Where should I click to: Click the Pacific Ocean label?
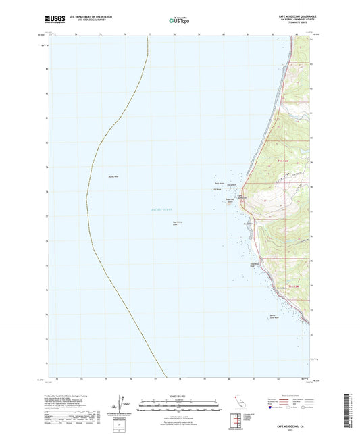coord(162,210)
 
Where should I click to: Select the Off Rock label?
coord(218,188)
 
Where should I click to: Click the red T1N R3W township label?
coord(284,160)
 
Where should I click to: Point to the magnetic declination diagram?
coord(122,405)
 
